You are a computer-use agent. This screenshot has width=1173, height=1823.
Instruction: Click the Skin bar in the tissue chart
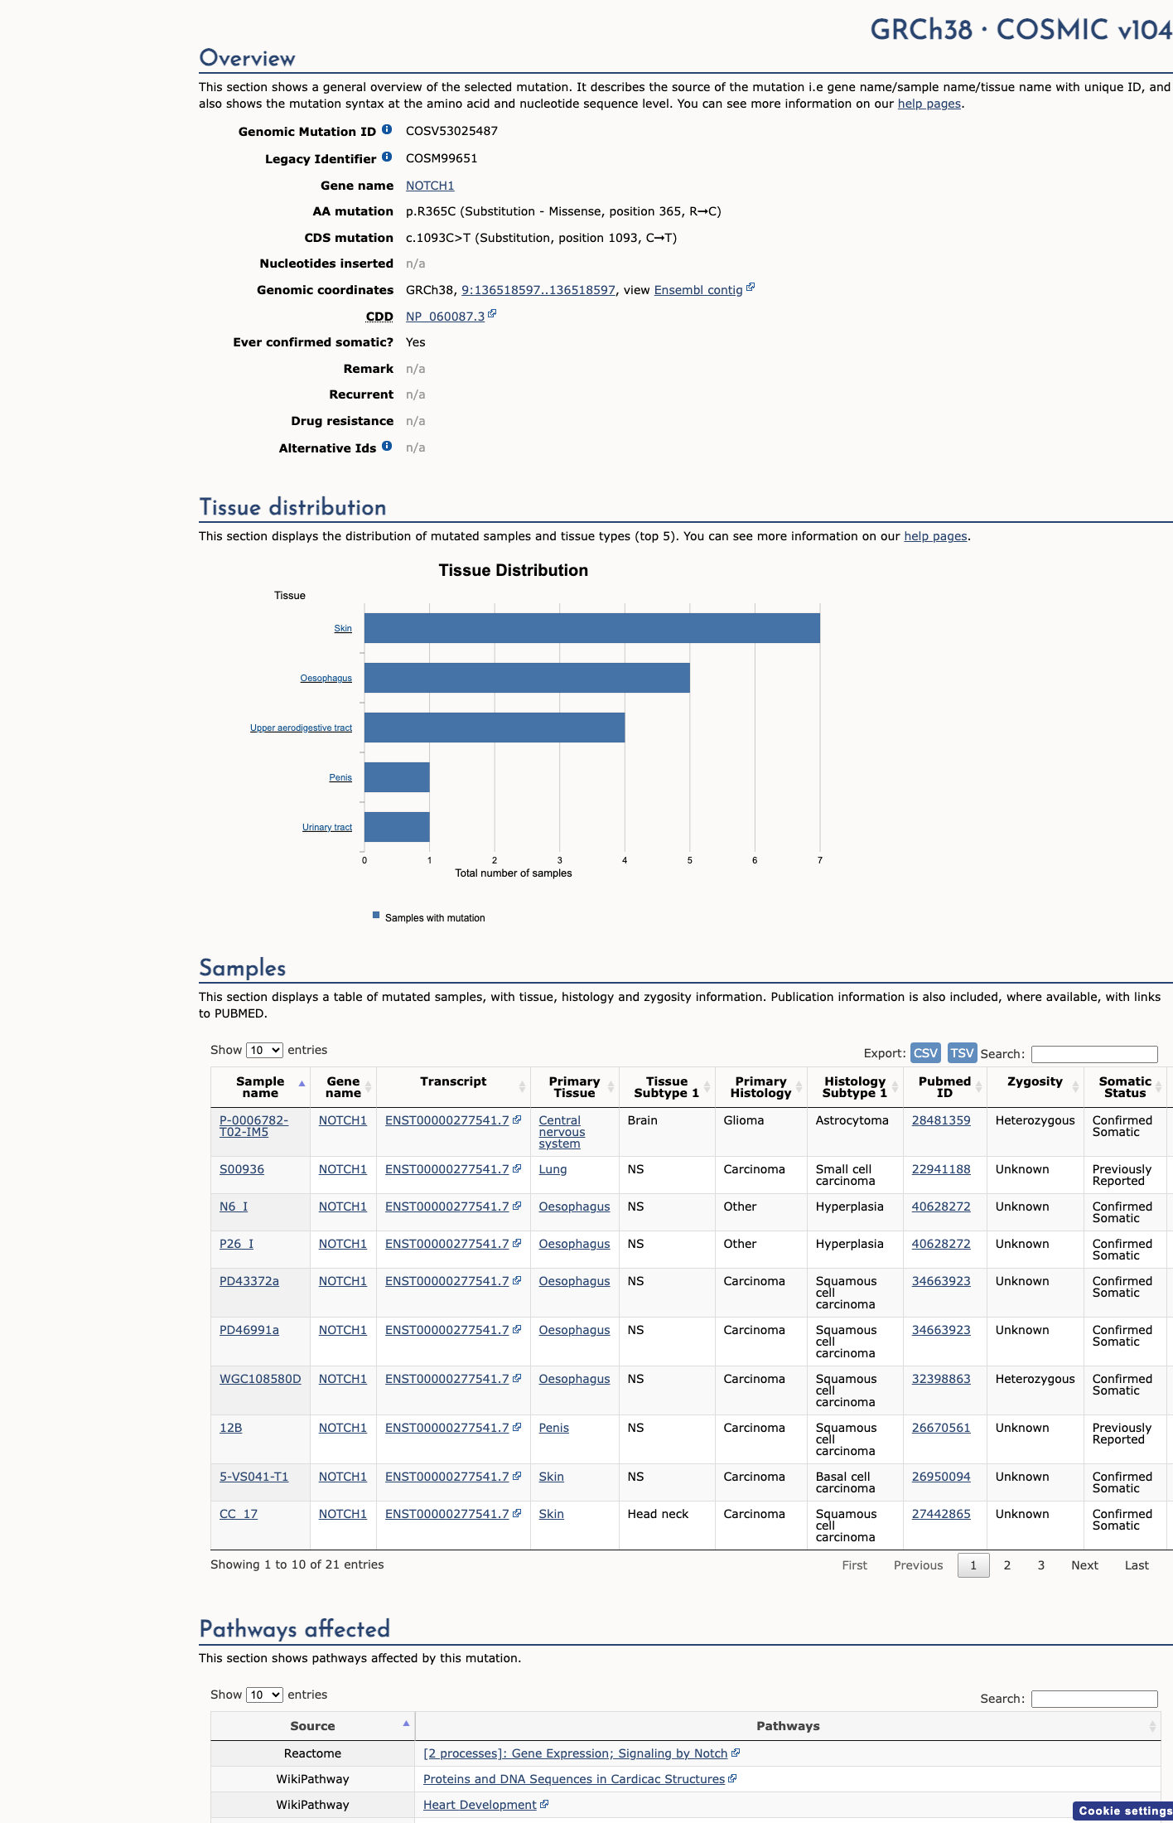click(592, 628)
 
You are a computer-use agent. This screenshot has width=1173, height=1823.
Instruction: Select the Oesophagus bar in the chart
click(527, 678)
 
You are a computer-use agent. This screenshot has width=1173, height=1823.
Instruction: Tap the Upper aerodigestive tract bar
click(495, 728)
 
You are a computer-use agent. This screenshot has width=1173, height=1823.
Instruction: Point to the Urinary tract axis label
click(327, 827)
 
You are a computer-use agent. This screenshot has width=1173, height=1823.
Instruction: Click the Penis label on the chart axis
click(340, 777)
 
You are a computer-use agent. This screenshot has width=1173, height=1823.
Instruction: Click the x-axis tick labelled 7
click(820, 860)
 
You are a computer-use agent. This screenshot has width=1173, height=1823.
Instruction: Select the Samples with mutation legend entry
click(429, 917)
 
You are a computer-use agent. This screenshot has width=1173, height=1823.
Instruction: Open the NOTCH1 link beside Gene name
click(430, 186)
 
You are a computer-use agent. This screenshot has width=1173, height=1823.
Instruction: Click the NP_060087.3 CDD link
click(446, 317)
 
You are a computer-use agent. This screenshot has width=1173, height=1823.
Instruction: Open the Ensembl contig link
click(698, 290)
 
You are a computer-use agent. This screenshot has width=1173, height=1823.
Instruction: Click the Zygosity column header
click(1035, 1081)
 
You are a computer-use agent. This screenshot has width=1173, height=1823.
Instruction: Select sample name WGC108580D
click(260, 1379)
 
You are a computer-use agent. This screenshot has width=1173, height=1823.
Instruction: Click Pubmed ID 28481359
click(941, 1120)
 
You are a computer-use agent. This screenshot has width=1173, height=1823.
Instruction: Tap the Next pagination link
click(1084, 1565)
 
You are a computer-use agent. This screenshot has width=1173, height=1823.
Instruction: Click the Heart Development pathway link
click(480, 1805)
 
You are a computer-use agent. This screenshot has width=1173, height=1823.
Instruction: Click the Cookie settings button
click(1124, 1811)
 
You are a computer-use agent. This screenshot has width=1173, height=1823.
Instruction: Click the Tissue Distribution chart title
click(514, 570)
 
